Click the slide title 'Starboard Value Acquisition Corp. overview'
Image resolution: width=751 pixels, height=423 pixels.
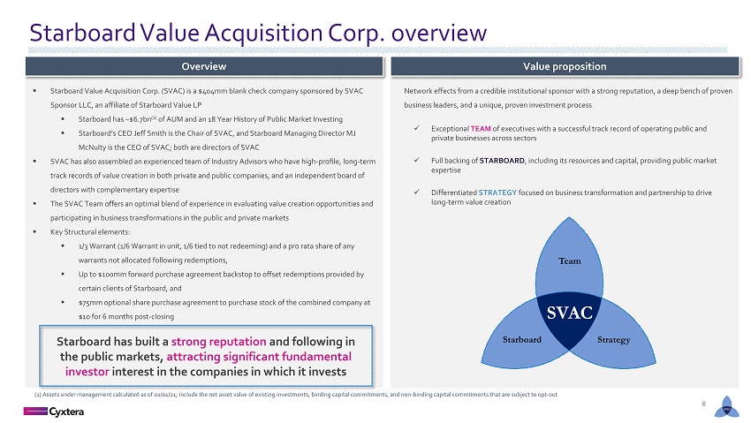pyautogui.click(x=258, y=33)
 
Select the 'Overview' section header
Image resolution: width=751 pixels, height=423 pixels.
pyautogui.click(x=204, y=66)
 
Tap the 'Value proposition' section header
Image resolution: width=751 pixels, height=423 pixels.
pyautogui.click(x=565, y=66)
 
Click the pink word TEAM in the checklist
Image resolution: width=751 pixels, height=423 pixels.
pyautogui.click(x=481, y=129)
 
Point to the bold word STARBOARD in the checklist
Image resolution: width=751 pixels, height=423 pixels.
pyautogui.click(x=502, y=161)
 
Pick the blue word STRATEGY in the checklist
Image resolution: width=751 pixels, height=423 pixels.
pyautogui.click(x=497, y=193)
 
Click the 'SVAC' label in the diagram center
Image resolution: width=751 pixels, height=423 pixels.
pyautogui.click(x=570, y=313)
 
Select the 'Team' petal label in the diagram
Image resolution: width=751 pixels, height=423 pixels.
pyautogui.click(x=570, y=261)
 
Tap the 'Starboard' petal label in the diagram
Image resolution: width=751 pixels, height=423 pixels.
pyautogui.click(x=522, y=340)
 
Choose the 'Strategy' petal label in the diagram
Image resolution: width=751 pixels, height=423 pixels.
pyautogui.click(x=613, y=340)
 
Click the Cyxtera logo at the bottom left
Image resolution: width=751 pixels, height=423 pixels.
pyautogui.click(x=54, y=412)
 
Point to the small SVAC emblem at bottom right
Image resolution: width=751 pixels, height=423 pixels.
pyautogui.click(x=726, y=407)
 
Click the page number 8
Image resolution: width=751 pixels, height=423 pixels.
pyautogui.click(x=703, y=404)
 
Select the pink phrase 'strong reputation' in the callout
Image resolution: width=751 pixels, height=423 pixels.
pyautogui.click(x=218, y=342)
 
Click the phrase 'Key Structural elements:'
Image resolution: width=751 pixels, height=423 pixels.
pyautogui.click(x=90, y=232)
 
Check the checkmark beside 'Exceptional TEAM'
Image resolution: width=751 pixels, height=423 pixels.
pyautogui.click(x=417, y=128)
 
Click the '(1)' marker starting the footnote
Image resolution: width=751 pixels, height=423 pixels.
pyautogui.click(x=38, y=395)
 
